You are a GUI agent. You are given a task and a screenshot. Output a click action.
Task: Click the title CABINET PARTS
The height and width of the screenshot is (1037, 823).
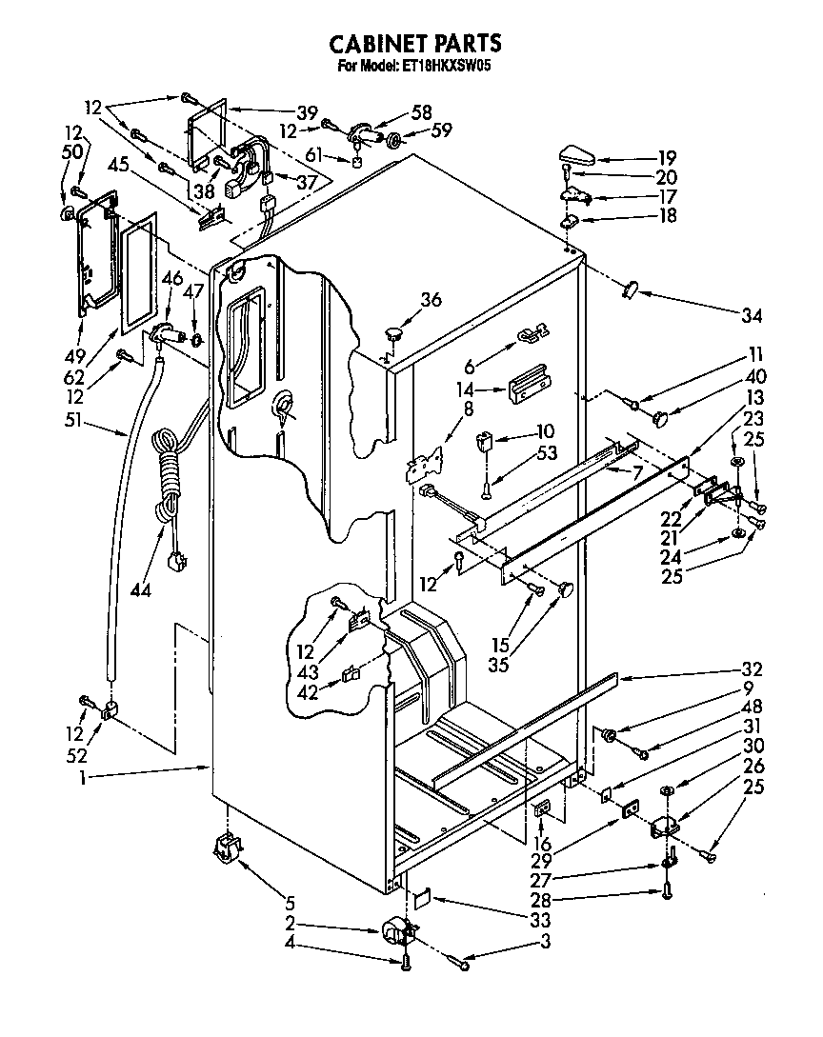pyautogui.click(x=415, y=44)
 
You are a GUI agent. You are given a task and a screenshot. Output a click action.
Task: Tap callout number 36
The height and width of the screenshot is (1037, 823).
pyautogui.click(x=431, y=299)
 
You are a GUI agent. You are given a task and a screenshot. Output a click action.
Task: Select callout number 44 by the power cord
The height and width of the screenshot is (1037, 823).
pyautogui.click(x=141, y=590)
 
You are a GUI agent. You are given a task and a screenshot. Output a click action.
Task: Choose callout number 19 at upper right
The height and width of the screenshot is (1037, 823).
pyautogui.click(x=666, y=158)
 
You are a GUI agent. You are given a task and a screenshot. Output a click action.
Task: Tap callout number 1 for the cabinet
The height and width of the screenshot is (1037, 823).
pyautogui.click(x=84, y=778)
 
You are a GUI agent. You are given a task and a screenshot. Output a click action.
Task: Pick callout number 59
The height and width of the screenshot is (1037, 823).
pyautogui.click(x=441, y=130)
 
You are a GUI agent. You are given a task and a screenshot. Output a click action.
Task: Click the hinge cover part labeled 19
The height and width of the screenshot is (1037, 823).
pyautogui.click(x=577, y=154)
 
